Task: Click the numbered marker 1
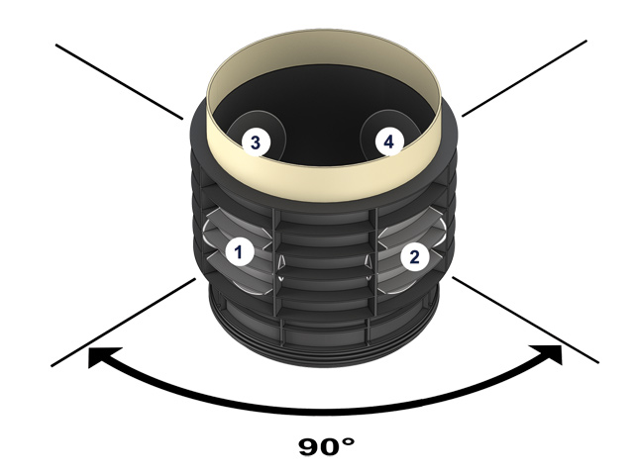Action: click(x=237, y=251)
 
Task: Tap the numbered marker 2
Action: click(x=416, y=257)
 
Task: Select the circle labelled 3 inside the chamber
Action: click(x=255, y=142)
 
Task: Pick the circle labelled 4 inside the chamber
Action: click(x=388, y=142)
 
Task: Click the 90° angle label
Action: click(x=326, y=445)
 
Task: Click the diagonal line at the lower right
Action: click(x=525, y=322)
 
